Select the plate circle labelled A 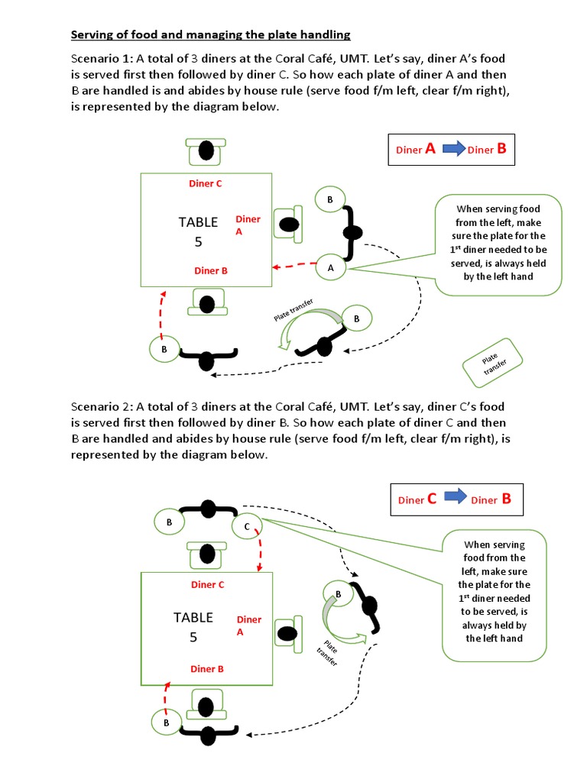[331, 268]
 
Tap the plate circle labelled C [247, 527]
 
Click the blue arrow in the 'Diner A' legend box [454, 149]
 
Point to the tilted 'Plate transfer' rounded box [493, 364]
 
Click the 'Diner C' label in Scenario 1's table [206, 183]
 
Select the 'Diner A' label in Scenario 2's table [249, 625]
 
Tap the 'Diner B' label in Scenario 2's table [207, 669]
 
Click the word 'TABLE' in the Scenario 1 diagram [198, 222]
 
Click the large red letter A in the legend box [431, 149]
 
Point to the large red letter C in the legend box [432, 499]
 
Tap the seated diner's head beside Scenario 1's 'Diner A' [288, 225]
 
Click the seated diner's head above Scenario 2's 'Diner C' [206, 553]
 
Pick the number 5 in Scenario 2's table [193, 636]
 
